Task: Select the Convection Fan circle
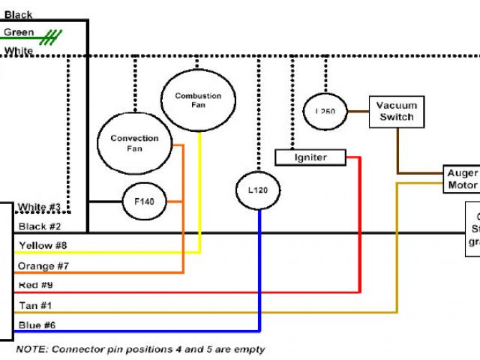pyautogui.click(x=135, y=143)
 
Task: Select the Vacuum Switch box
pyautogui.click(x=397, y=112)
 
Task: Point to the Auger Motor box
pyautogui.click(x=462, y=178)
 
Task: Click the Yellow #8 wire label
pyautogui.click(x=43, y=245)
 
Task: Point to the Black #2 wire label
pyautogui.click(x=40, y=226)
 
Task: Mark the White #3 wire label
pyautogui.click(x=40, y=207)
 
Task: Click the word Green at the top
pyautogui.click(x=18, y=32)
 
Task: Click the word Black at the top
pyautogui.click(x=18, y=14)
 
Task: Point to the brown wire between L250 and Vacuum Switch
pyautogui.click(x=357, y=112)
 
